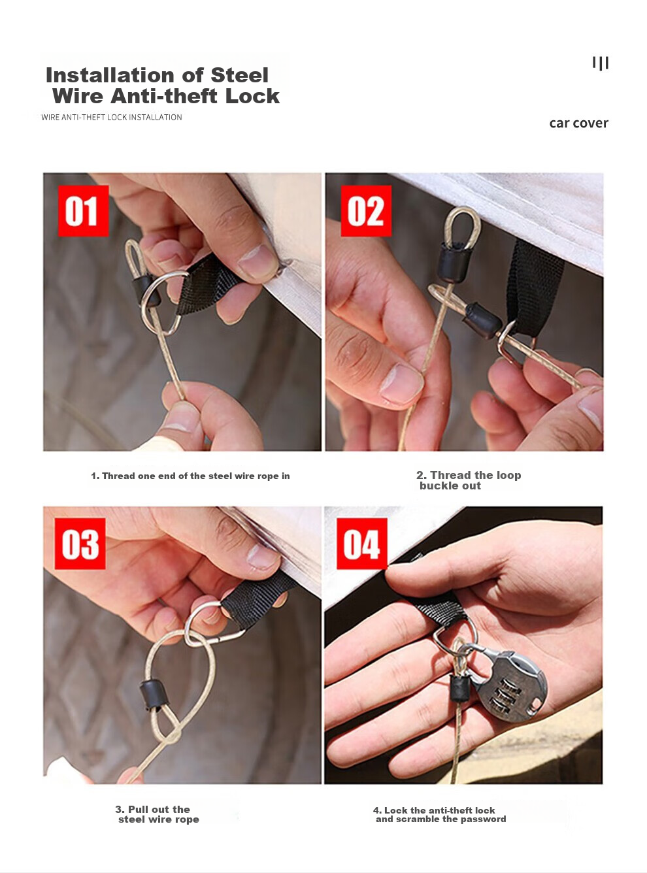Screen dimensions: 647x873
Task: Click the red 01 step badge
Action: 84,211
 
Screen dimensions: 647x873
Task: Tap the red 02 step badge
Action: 366,211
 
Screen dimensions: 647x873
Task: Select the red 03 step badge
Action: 80,544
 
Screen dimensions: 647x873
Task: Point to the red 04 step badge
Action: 362,544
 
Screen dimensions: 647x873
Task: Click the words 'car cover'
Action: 578,124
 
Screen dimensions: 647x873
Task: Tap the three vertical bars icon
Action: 601,63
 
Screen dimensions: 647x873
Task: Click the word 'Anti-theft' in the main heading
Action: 164,97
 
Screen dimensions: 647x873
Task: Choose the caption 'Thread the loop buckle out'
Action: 469,480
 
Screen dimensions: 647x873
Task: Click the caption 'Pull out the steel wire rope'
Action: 157,814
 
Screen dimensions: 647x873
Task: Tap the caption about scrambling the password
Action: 439,815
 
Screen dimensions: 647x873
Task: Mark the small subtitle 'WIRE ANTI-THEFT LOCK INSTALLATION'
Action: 112,117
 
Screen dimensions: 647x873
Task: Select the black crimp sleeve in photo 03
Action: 155,695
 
